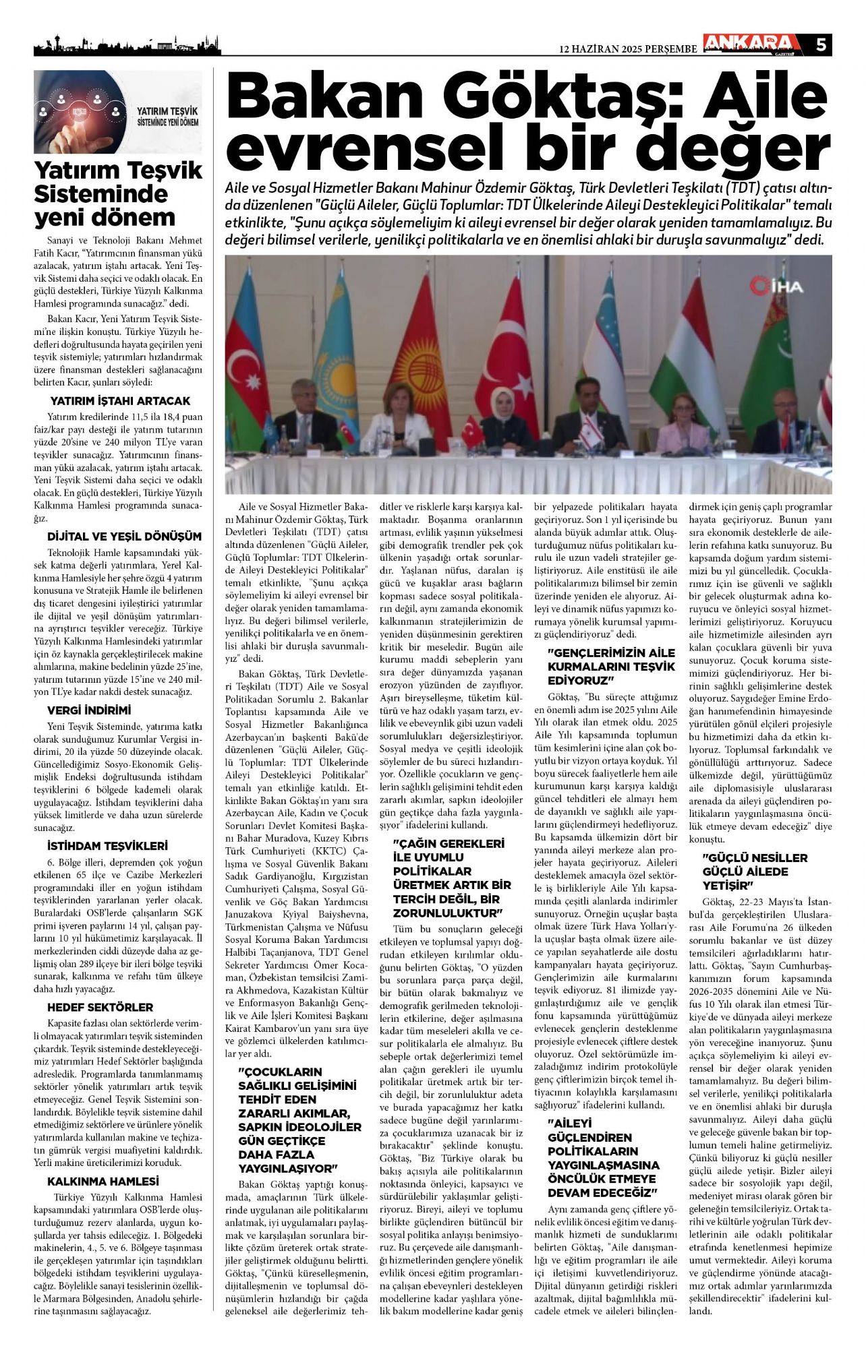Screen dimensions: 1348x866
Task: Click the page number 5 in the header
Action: click(821, 45)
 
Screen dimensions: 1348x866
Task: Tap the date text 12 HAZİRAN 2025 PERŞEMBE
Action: click(629, 49)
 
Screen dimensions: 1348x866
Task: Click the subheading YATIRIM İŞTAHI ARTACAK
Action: click(120, 401)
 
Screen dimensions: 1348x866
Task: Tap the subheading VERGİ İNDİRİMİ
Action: click(89, 710)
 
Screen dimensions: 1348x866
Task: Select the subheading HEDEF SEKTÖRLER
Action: click(100, 1007)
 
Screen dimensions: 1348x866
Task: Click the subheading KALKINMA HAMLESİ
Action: click(103, 1182)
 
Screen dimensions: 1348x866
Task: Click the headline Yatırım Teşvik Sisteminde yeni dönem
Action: click(118, 194)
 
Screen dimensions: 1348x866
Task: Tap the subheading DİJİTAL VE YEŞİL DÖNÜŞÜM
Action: click(124, 537)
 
